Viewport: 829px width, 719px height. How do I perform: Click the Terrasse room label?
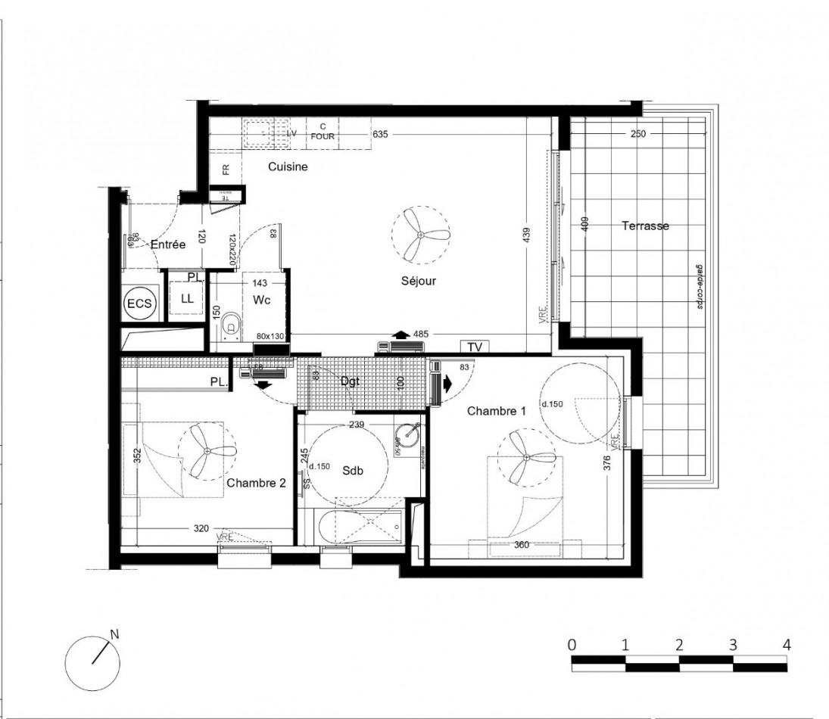coord(645,226)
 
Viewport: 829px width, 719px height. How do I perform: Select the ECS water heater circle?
coord(139,304)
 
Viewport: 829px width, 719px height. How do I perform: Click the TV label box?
coord(475,347)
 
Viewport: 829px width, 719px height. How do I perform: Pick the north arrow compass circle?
coord(92,661)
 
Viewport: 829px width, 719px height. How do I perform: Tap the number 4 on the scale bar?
coord(787,645)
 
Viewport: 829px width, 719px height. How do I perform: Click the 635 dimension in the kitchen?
coord(380,135)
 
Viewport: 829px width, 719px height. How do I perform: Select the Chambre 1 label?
coord(496,411)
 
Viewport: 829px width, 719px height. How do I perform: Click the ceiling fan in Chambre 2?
coord(207,451)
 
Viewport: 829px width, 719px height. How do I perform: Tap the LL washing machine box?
coord(187,298)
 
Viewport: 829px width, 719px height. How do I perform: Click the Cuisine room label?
coord(288,167)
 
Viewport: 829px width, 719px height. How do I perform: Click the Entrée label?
coord(168,244)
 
